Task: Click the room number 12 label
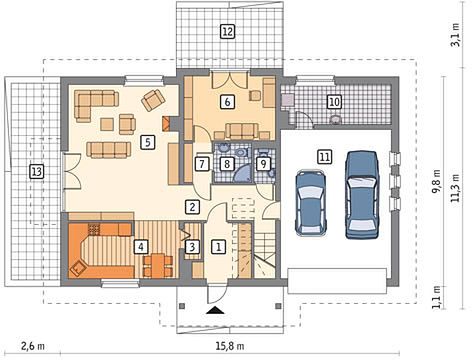click(228, 32)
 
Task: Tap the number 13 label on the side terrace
click(37, 172)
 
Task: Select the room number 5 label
click(148, 142)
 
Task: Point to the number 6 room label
click(227, 102)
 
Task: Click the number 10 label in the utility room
click(334, 102)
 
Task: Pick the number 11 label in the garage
click(325, 157)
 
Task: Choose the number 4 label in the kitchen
click(141, 247)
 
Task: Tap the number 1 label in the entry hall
click(219, 247)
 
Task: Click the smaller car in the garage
click(311, 203)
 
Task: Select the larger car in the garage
click(362, 195)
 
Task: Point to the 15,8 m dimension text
click(230, 346)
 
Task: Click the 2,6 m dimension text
click(33, 346)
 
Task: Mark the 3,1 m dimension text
click(455, 35)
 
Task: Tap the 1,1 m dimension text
click(437, 297)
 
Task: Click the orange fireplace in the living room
click(166, 124)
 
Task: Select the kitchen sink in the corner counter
click(79, 267)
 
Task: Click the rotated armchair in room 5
click(153, 100)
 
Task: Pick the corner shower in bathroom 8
click(243, 173)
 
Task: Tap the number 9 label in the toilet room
click(263, 164)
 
